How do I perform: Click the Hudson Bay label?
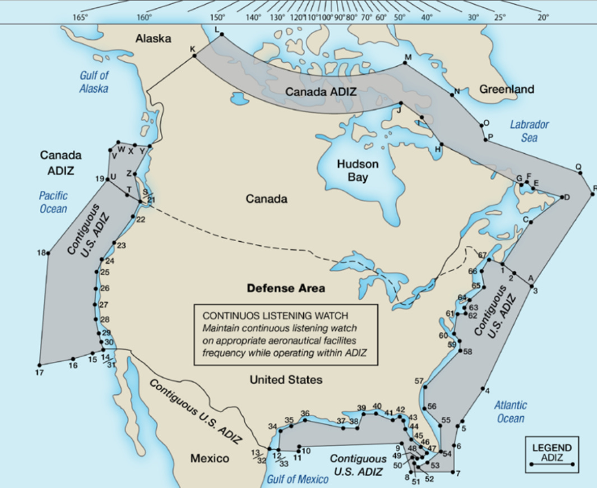[x=358, y=171]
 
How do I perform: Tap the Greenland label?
[x=507, y=89]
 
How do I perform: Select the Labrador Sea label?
[x=529, y=131]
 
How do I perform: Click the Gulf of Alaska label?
[x=94, y=82]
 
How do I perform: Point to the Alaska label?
[x=153, y=39]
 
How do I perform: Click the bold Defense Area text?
[x=286, y=288]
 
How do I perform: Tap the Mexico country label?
[x=210, y=458]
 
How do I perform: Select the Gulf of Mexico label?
[x=297, y=479]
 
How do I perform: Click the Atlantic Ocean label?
[x=511, y=412]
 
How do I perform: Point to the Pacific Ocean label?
[x=53, y=202]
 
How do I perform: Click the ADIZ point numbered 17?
[x=39, y=363]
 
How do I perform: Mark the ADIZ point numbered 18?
[x=48, y=254]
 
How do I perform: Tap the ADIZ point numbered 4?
[x=483, y=389]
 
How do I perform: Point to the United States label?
[x=286, y=380]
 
